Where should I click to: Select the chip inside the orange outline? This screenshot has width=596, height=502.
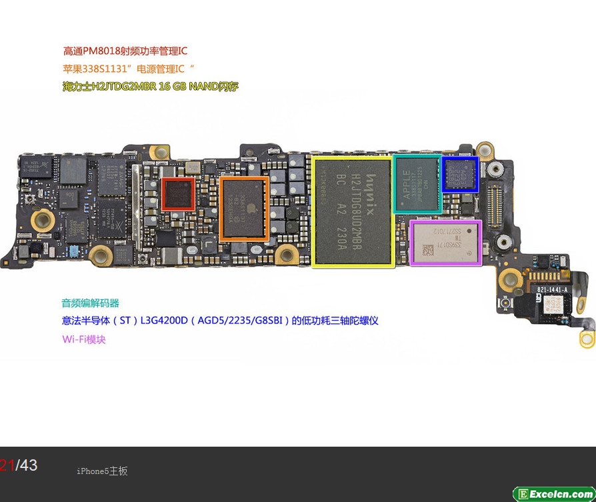click(244, 208)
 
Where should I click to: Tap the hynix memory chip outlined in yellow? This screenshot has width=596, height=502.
click(352, 211)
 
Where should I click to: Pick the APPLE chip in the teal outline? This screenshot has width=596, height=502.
click(417, 184)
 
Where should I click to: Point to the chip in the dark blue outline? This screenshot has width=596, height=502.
click(460, 175)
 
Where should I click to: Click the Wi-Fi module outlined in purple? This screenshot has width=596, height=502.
click(445, 243)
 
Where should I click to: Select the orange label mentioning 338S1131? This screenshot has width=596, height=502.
click(128, 69)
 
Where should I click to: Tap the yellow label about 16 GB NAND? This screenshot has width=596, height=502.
click(151, 87)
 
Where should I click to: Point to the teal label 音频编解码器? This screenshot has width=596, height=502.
click(91, 303)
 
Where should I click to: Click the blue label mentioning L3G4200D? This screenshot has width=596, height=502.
click(220, 321)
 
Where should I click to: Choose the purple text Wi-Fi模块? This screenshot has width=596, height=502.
click(84, 339)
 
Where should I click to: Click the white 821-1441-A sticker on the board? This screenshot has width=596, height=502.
click(553, 290)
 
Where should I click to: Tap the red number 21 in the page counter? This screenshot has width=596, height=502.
click(7, 465)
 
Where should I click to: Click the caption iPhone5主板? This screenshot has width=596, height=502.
click(102, 471)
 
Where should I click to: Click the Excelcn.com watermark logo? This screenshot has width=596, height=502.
click(554, 494)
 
